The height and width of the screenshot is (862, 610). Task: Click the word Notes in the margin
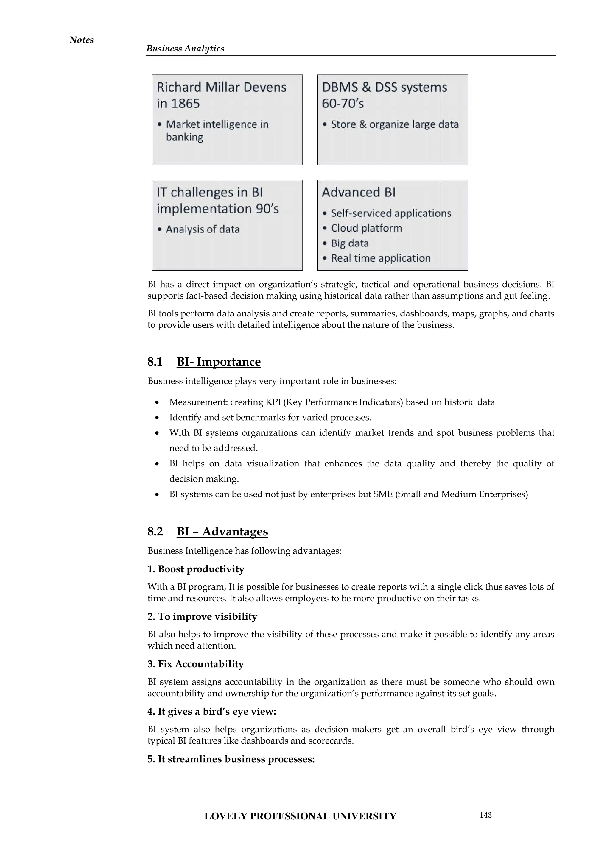pos(82,40)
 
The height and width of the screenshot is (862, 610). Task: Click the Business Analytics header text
pos(185,49)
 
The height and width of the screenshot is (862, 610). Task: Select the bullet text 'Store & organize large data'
pos(394,124)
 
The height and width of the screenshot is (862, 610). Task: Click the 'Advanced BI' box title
pos(359,192)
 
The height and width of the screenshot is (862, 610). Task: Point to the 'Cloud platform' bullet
pos(366,228)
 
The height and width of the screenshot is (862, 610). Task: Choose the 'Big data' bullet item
pos(350,243)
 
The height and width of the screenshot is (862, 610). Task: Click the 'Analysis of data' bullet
pos(203,229)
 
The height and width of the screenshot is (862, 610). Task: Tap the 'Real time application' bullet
pos(380,258)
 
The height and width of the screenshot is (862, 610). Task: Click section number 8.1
pos(155,362)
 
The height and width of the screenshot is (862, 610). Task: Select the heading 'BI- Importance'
pos(219,362)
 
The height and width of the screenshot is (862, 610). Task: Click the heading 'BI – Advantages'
pos(222,532)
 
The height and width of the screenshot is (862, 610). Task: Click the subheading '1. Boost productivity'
pos(196,569)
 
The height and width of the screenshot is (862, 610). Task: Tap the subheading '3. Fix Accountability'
pos(196,664)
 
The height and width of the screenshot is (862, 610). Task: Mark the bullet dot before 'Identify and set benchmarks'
pos(157,418)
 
